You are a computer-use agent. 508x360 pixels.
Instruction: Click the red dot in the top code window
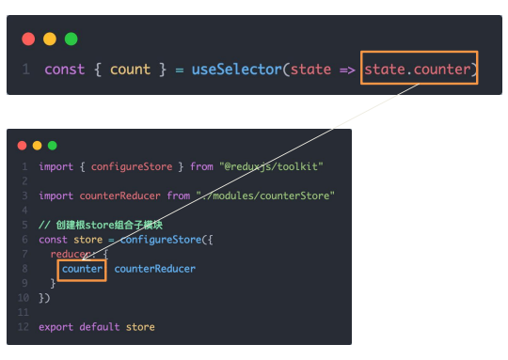[28, 39]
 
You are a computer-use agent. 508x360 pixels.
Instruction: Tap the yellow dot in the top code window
[50, 39]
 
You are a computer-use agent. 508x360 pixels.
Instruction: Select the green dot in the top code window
[71, 39]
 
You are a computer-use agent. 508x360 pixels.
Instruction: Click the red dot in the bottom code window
[22, 146]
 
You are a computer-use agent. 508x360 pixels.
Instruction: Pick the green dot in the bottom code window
[52, 146]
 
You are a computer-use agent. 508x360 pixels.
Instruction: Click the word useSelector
[237, 70]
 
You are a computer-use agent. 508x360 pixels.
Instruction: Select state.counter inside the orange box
[418, 70]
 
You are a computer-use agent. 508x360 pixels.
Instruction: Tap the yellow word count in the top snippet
[130, 70]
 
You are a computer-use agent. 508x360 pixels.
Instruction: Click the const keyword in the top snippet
[65, 70]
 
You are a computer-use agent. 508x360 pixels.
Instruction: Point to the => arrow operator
[347, 70]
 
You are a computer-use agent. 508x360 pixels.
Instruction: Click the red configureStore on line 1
[132, 166]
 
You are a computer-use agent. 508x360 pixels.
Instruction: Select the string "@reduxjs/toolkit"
[271, 166]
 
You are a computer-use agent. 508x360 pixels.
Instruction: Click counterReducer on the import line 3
[119, 196]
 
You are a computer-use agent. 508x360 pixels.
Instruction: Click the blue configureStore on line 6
[161, 240]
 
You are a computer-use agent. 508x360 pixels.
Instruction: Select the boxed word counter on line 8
[82, 269]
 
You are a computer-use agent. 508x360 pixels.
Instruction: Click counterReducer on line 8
[155, 269]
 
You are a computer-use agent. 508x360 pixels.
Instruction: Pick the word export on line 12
[56, 327]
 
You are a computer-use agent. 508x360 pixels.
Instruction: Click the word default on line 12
[100, 327]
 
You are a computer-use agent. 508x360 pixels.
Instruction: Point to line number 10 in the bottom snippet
[24, 298]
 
